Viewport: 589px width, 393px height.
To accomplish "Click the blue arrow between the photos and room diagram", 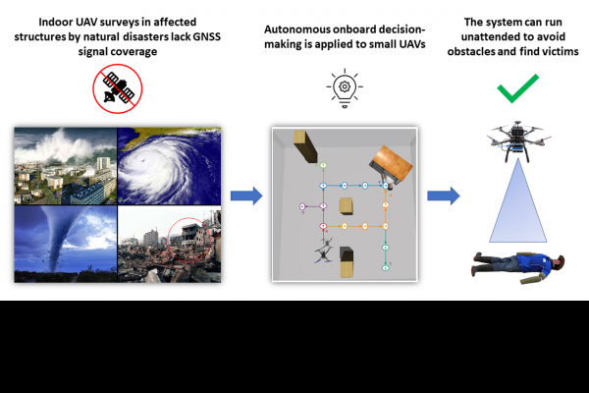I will pyautogui.click(x=251, y=196).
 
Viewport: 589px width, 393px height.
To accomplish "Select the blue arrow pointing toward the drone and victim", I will pyautogui.click(x=444, y=196).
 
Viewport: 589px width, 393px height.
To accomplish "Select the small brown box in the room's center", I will pyautogui.click(x=346, y=205).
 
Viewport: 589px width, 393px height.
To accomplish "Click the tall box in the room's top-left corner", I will pyautogui.click(x=305, y=147).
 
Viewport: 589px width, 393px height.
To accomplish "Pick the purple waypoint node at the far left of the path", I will pyautogui.click(x=302, y=206).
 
